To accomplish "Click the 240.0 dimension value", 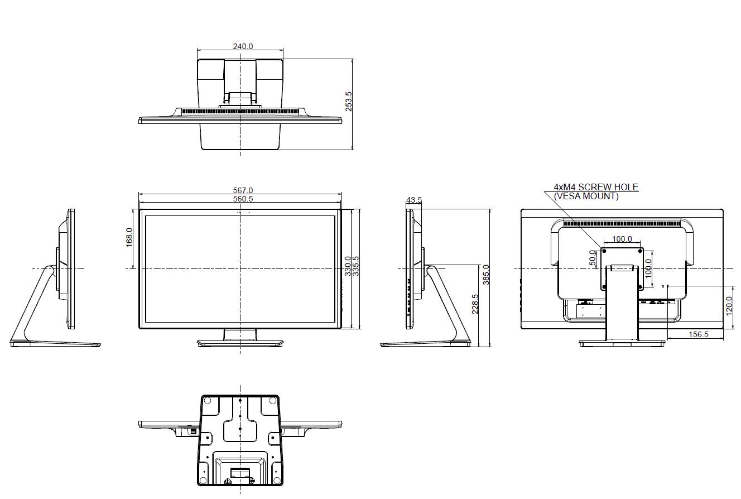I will [x=243, y=46].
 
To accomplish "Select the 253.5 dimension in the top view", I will [x=349, y=102].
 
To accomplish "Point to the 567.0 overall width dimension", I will [x=243, y=190].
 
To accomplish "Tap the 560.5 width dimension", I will [x=243, y=199].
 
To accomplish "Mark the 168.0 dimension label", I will [x=129, y=237].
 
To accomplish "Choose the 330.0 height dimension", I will [x=348, y=266].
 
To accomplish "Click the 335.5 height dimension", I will [x=355, y=266].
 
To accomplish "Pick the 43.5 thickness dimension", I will [x=414, y=200].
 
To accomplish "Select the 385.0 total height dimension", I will [x=486, y=275].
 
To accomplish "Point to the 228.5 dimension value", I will [x=475, y=304].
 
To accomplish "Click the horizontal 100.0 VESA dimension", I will [x=622, y=239].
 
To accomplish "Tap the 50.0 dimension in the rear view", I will [x=593, y=258].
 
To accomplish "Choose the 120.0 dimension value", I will [x=729, y=306].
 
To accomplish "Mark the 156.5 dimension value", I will [x=698, y=334].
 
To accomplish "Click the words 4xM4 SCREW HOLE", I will [x=596, y=187].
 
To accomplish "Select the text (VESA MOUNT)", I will [x=586, y=196].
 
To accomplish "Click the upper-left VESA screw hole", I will [x=604, y=249].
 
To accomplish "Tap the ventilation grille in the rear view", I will [x=624, y=224].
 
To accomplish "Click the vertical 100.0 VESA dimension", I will [x=648, y=268].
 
